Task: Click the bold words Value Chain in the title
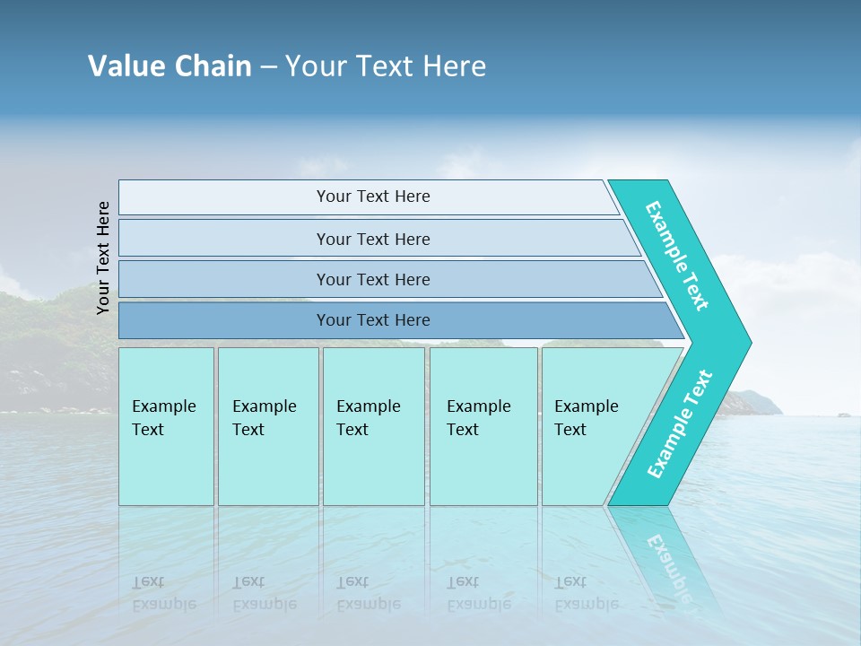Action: click(x=170, y=66)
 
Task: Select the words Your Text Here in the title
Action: click(x=386, y=66)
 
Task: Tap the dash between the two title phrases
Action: click(x=268, y=67)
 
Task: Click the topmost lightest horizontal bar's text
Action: click(x=373, y=196)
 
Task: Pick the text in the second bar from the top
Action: click(x=373, y=239)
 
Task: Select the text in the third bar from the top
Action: click(x=373, y=279)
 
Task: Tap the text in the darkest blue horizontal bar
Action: click(x=373, y=320)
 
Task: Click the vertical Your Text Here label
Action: click(x=103, y=258)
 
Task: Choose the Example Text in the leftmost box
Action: click(x=163, y=418)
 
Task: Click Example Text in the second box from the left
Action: click(x=264, y=418)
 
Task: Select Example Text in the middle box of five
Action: click(x=368, y=418)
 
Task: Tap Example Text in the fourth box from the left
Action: click(x=478, y=418)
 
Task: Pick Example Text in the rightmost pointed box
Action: click(x=586, y=418)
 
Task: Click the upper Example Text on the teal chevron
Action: click(x=677, y=256)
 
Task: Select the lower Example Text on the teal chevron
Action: click(x=680, y=423)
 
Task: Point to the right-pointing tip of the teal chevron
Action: click(x=749, y=343)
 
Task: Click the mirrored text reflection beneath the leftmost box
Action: click(x=163, y=593)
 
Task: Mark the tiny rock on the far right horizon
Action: click(x=843, y=415)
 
